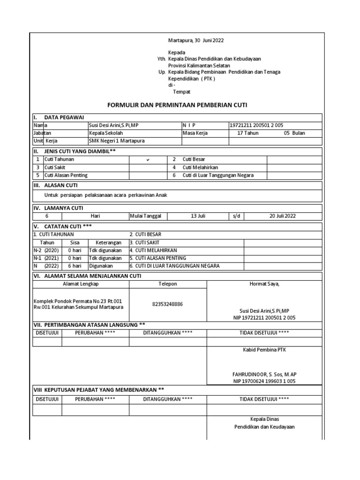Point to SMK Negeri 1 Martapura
[x=117, y=141]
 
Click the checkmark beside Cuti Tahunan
[x=148, y=160]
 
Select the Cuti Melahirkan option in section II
[x=200, y=167]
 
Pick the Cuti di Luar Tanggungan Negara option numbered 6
[x=218, y=175]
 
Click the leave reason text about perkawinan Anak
[x=106, y=195]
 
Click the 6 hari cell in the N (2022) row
[x=75, y=266]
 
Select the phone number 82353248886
[x=168, y=304]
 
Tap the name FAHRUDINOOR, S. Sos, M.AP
[x=264, y=374]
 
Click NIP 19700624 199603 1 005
[x=264, y=381]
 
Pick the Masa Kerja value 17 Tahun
[x=248, y=133]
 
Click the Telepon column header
[x=168, y=284]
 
